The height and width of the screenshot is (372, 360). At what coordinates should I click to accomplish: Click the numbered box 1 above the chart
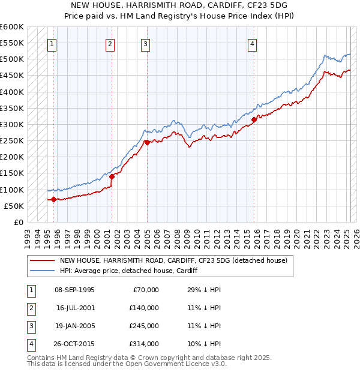(x=52, y=43)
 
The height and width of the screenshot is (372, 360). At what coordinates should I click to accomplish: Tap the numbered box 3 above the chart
(x=145, y=43)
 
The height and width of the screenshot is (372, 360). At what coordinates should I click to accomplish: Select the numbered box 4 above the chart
(x=253, y=43)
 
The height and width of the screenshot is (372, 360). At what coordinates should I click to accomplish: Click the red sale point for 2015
(x=254, y=119)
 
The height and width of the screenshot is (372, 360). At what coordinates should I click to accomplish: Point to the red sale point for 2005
(x=147, y=142)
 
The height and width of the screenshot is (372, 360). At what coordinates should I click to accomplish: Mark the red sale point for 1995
(x=53, y=199)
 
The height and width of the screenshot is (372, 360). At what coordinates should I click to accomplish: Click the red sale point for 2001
(x=112, y=176)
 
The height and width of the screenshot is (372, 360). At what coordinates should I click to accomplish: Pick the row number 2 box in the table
(x=30, y=308)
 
